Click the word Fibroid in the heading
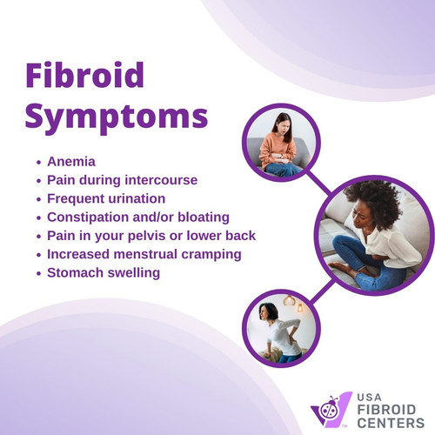pyautogui.click(x=84, y=76)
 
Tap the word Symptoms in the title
pyautogui.click(x=115, y=115)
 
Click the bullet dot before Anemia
pyautogui.click(x=39, y=162)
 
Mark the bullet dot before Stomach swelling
pyautogui.click(x=39, y=273)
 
